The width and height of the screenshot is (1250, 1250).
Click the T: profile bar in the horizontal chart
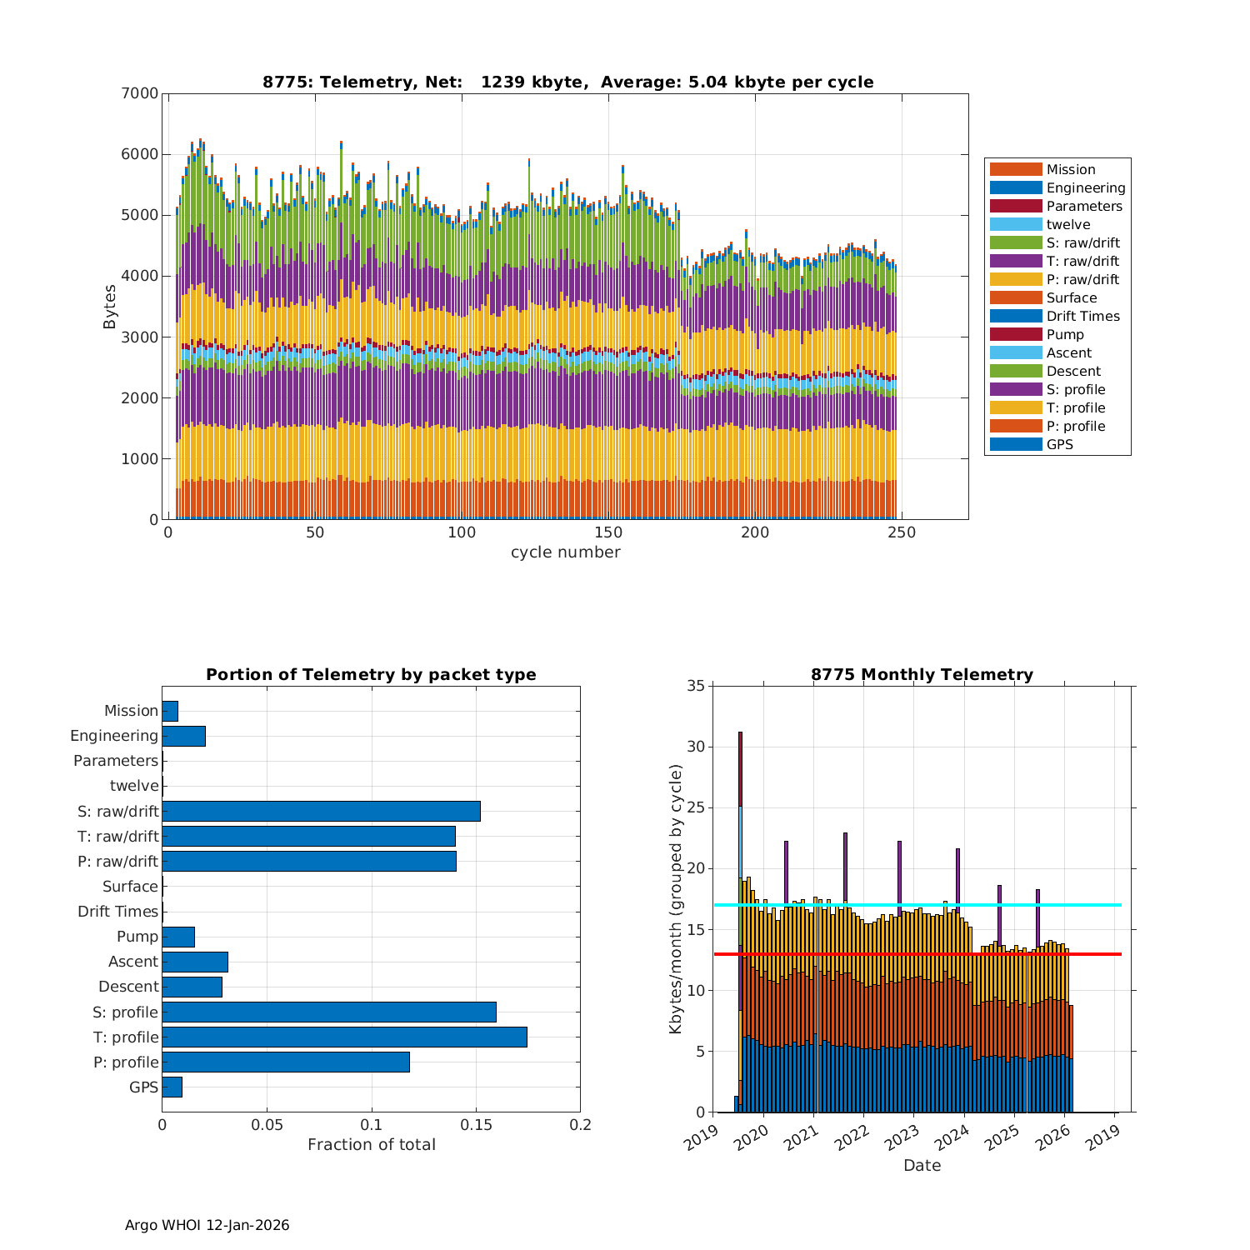(344, 1037)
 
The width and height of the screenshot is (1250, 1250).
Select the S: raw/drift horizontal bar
(321, 811)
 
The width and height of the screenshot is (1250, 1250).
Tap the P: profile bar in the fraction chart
(286, 1062)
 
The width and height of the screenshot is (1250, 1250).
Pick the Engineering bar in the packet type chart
(183, 736)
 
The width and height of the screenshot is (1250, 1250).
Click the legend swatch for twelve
(1016, 225)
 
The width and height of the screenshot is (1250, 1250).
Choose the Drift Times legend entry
(1082, 317)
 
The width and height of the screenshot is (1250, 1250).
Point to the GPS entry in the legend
(1059, 445)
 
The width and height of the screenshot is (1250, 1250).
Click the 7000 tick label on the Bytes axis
(142, 93)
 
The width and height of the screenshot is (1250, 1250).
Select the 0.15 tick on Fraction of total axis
(476, 1125)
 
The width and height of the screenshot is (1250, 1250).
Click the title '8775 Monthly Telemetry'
(922, 675)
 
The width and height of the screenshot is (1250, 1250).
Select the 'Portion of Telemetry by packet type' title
(371, 675)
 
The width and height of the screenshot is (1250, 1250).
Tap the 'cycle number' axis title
(565, 552)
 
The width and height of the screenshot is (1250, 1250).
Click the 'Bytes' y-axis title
(110, 306)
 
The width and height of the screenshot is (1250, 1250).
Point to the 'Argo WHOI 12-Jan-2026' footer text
(207, 1225)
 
